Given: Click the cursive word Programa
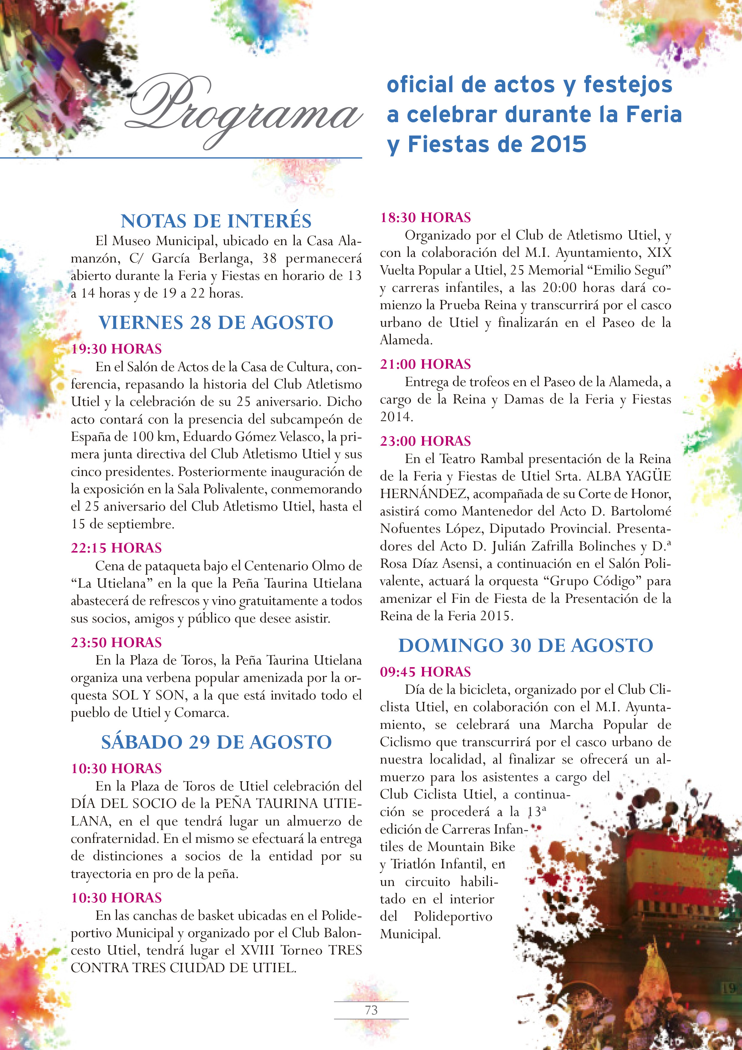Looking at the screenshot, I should (242, 110).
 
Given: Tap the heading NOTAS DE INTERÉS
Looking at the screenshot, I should (216, 221).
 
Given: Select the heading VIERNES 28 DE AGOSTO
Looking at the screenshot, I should (216, 322).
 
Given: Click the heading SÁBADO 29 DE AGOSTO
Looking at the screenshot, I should (216, 742).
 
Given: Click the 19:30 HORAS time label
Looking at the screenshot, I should (116, 349).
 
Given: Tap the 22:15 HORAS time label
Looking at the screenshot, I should (116, 548).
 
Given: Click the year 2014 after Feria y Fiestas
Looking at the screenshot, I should (396, 417).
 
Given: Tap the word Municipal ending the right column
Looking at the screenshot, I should (410, 934).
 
